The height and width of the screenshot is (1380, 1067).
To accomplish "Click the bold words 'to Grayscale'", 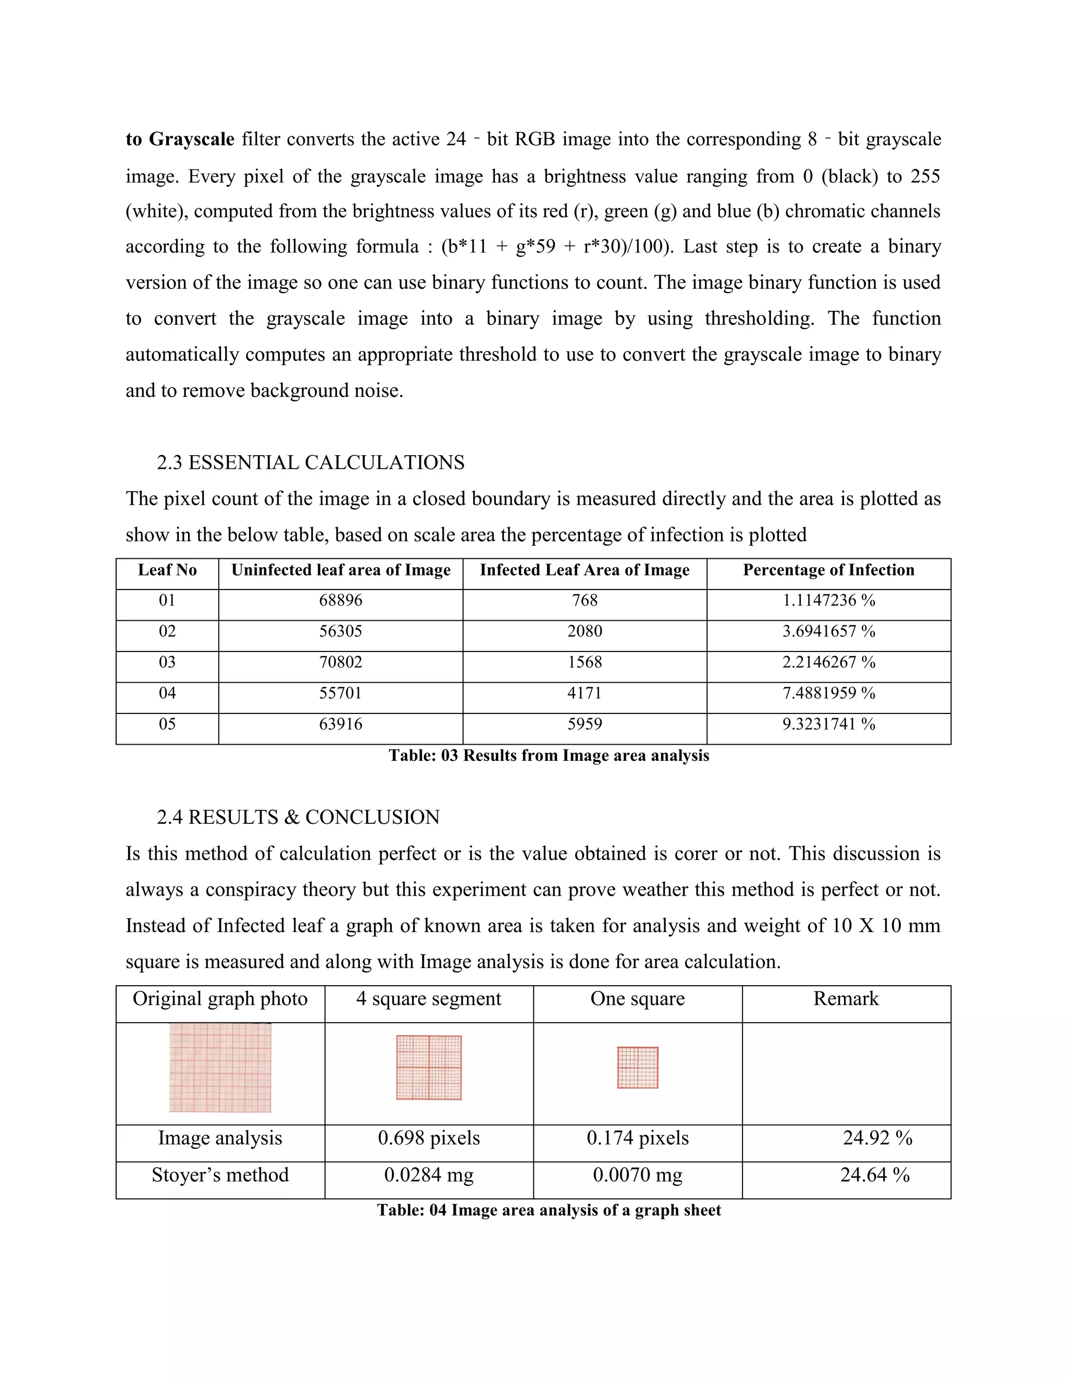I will (180, 139).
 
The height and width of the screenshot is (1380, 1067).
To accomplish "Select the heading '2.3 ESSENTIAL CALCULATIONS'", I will (311, 462).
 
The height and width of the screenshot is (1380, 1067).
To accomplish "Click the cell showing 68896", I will (340, 600).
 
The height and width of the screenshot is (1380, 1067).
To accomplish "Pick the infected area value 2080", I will (584, 631).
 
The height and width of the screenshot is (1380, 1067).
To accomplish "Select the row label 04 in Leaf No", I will (167, 693).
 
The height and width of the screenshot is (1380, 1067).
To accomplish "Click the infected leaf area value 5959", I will (584, 724).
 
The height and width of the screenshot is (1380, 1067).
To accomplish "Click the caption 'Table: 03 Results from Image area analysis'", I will (549, 756).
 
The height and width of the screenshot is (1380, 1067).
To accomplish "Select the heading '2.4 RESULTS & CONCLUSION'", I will (297, 817).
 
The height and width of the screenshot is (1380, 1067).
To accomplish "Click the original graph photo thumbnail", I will (220, 1068).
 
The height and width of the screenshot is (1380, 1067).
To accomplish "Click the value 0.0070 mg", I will (637, 1175).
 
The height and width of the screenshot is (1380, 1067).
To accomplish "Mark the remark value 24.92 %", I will (877, 1138).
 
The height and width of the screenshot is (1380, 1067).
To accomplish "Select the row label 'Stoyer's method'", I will (220, 1175).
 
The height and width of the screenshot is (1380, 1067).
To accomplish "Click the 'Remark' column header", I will (846, 999).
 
